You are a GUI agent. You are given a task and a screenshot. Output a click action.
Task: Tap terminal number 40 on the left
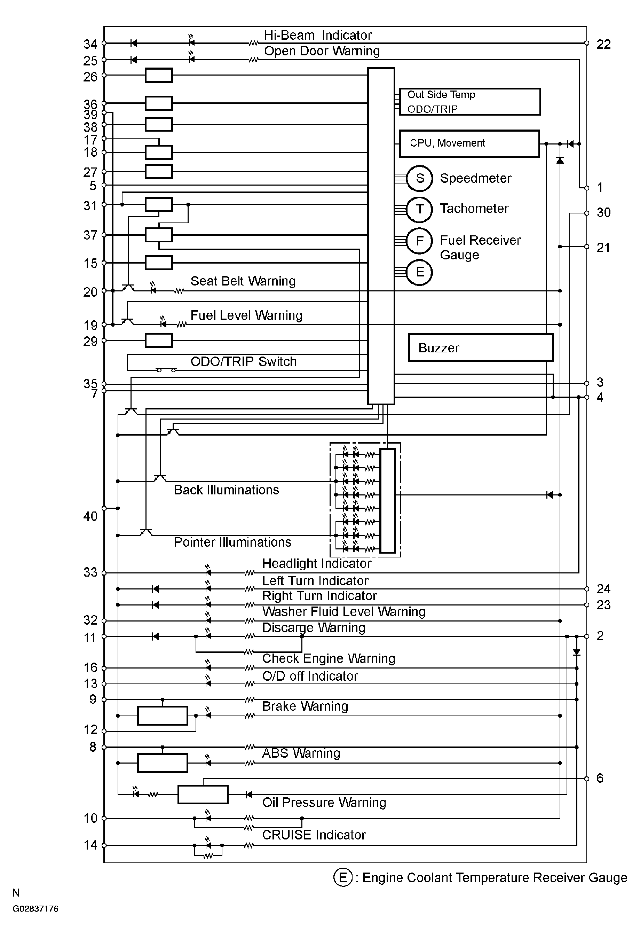tap(90, 516)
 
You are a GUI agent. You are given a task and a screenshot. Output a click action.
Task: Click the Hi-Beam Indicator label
tap(318, 35)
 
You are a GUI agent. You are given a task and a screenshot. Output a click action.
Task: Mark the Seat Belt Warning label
tap(243, 281)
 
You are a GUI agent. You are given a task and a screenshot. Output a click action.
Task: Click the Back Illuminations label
tap(226, 490)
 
